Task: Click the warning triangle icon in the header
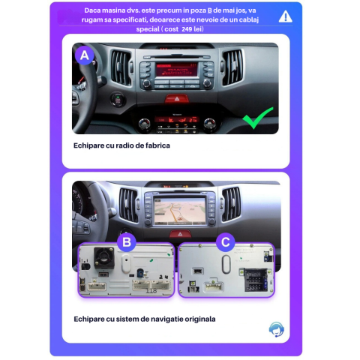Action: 285,16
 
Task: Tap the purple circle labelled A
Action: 84,55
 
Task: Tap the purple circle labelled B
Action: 127,241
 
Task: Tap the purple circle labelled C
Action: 226,241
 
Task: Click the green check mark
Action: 257,118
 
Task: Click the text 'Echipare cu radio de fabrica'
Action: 121,145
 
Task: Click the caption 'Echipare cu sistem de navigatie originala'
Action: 144,319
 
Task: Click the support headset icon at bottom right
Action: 276,329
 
